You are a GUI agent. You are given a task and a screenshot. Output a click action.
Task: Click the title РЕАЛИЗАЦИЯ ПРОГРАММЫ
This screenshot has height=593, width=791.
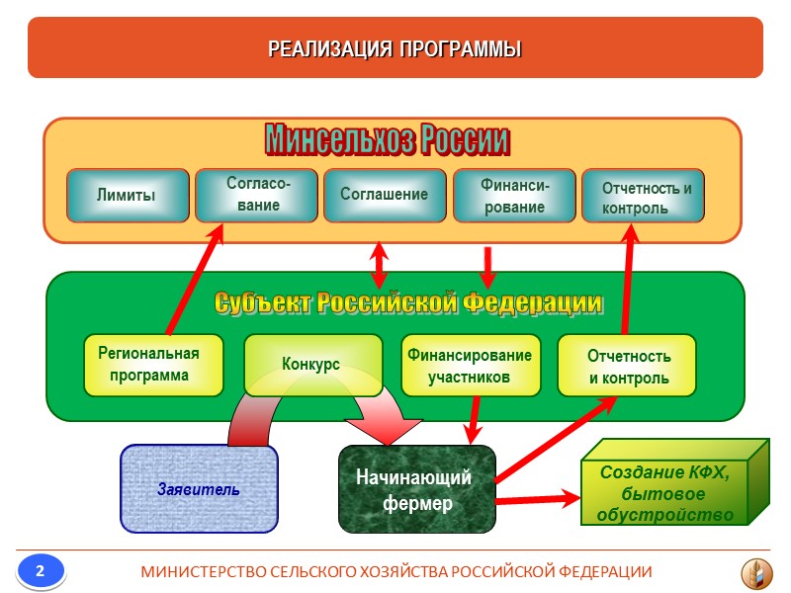click(395, 48)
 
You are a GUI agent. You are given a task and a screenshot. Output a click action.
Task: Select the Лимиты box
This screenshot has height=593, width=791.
click(127, 195)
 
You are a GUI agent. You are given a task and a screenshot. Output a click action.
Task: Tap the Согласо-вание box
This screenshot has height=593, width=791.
click(257, 195)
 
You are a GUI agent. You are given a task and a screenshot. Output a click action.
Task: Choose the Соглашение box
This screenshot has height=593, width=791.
click(385, 195)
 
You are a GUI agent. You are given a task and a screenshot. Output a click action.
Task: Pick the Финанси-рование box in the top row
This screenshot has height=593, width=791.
click(513, 195)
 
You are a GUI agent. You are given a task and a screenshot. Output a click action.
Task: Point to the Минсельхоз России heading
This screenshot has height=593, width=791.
click(387, 141)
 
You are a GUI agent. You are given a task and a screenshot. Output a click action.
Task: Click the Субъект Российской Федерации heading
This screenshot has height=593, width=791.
click(407, 300)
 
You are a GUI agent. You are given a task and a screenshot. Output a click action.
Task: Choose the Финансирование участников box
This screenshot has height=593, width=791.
click(469, 365)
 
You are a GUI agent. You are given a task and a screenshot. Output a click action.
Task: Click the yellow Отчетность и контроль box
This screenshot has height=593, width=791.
click(628, 365)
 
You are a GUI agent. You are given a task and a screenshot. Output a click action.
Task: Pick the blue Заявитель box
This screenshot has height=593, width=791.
click(199, 488)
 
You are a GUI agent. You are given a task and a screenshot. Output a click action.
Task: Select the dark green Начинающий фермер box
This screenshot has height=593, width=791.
click(417, 490)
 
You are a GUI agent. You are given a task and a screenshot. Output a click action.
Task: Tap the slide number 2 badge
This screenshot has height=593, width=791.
click(41, 571)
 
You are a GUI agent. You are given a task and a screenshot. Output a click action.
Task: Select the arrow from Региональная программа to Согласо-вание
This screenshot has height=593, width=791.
click(194, 281)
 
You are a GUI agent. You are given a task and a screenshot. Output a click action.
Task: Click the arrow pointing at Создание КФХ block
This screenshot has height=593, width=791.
click(539, 499)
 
